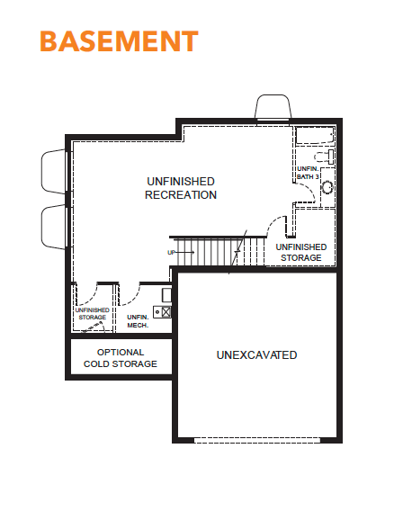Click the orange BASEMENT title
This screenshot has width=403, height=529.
pyautogui.click(x=119, y=41)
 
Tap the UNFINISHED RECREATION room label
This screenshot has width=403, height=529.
pyautogui.click(x=181, y=188)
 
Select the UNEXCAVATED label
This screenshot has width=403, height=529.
pyautogui.click(x=256, y=354)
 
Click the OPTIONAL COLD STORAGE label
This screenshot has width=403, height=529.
pyautogui.click(x=121, y=358)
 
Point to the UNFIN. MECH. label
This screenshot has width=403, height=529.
pyautogui.click(x=138, y=321)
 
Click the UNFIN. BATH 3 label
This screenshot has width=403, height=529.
pyautogui.click(x=308, y=173)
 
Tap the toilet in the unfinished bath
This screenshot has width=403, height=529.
pyautogui.click(x=325, y=157)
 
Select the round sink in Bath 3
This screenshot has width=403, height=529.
pyautogui.click(x=327, y=187)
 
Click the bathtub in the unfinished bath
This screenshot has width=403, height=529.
pyautogui.click(x=315, y=136)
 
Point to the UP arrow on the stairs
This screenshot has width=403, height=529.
pyautogui.click(x=181, y=252)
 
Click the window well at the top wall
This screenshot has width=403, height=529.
pyautogui.click(x=273, y=106)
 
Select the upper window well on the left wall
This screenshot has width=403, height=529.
pyautogui.click(x=54, y=172)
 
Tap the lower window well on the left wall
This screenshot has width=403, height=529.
pyautogui.click(x=54, y=227)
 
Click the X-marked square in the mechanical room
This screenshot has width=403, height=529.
pyautogui.click(x=166, y=311)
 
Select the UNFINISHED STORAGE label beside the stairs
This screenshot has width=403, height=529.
pyautogui.click(x=301, y=252)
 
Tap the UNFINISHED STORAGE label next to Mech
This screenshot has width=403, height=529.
pyautogui.click(x=93, y=313)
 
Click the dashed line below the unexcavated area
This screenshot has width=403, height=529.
pyautogui.click(x=257, y=440)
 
